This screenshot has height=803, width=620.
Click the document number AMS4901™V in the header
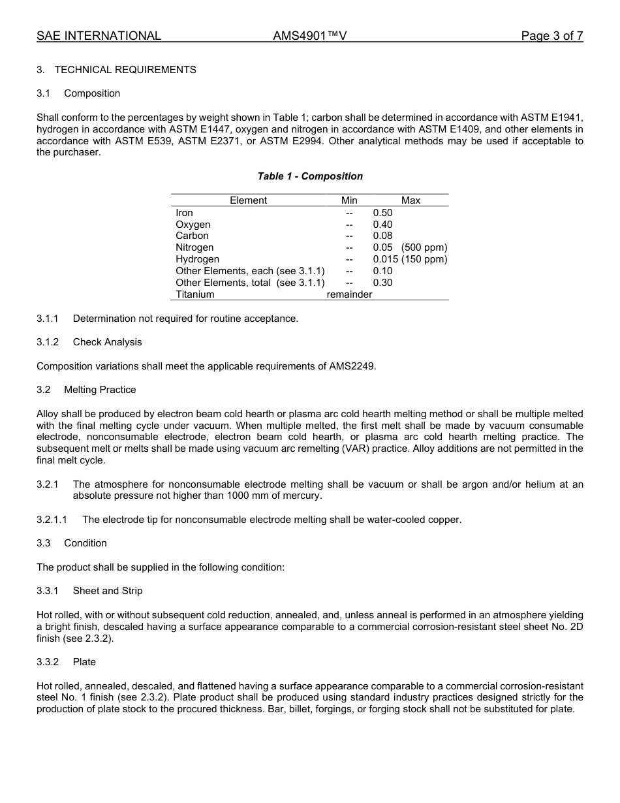tap(309, 36)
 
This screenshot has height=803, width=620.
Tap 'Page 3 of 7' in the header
tap(551, 36)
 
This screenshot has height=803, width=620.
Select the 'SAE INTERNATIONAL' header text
tap(99, 36)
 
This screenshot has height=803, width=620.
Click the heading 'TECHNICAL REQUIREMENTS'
tap(125, 70)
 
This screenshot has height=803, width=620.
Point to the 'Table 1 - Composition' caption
tap(310, 176)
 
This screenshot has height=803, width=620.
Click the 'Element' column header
tap(248, 200)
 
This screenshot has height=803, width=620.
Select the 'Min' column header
tap(349, 200)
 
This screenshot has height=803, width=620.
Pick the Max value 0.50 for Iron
tap(382, 213)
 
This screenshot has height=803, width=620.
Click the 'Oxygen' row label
tap(193, 225)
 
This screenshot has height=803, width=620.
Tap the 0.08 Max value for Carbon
tap(382, 236)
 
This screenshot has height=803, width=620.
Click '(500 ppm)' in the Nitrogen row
tap(424, 247)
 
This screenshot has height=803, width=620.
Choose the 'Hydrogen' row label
tap(197, 259)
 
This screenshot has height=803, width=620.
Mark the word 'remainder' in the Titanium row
tap(349, 294)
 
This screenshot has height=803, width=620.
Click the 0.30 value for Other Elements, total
tap(382, 283)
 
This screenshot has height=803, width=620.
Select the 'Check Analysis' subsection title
tap(107, 342)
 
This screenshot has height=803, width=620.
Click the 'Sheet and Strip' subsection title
tap(107, 591)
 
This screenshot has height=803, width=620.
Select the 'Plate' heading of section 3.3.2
tap(84, 662)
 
